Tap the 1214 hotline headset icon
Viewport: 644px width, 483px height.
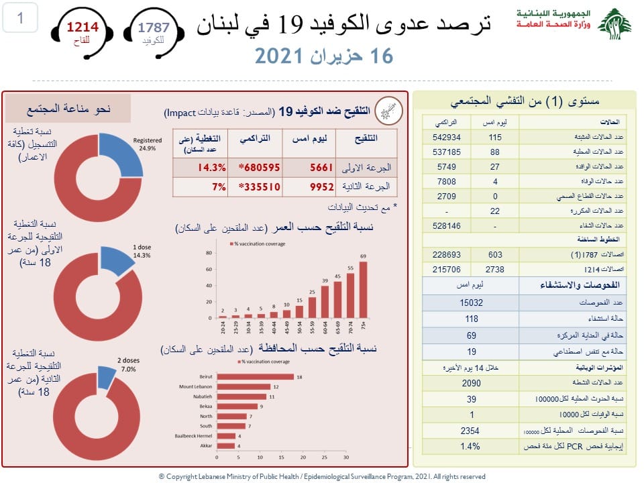point(81,32)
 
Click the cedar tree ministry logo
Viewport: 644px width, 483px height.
point(614,25)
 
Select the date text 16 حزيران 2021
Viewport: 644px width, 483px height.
point(324,56)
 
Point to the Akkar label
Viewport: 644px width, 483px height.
point(207,445)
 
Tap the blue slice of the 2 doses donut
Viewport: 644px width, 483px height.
point(107,378)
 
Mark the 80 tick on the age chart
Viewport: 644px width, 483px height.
point(208,253)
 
